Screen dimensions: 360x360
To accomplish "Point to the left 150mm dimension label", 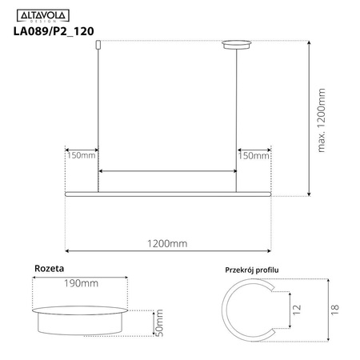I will tap(79, 156).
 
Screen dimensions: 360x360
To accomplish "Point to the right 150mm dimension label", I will tap(255, 156).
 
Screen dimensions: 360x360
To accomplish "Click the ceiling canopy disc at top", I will tap(235, 45).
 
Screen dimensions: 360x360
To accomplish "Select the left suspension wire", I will tap(97, 120).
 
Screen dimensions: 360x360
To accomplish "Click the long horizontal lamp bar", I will tap(168, 194).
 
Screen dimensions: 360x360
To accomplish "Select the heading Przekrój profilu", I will tap(253, 271).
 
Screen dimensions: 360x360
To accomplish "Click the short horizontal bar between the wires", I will tap(166, 171).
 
